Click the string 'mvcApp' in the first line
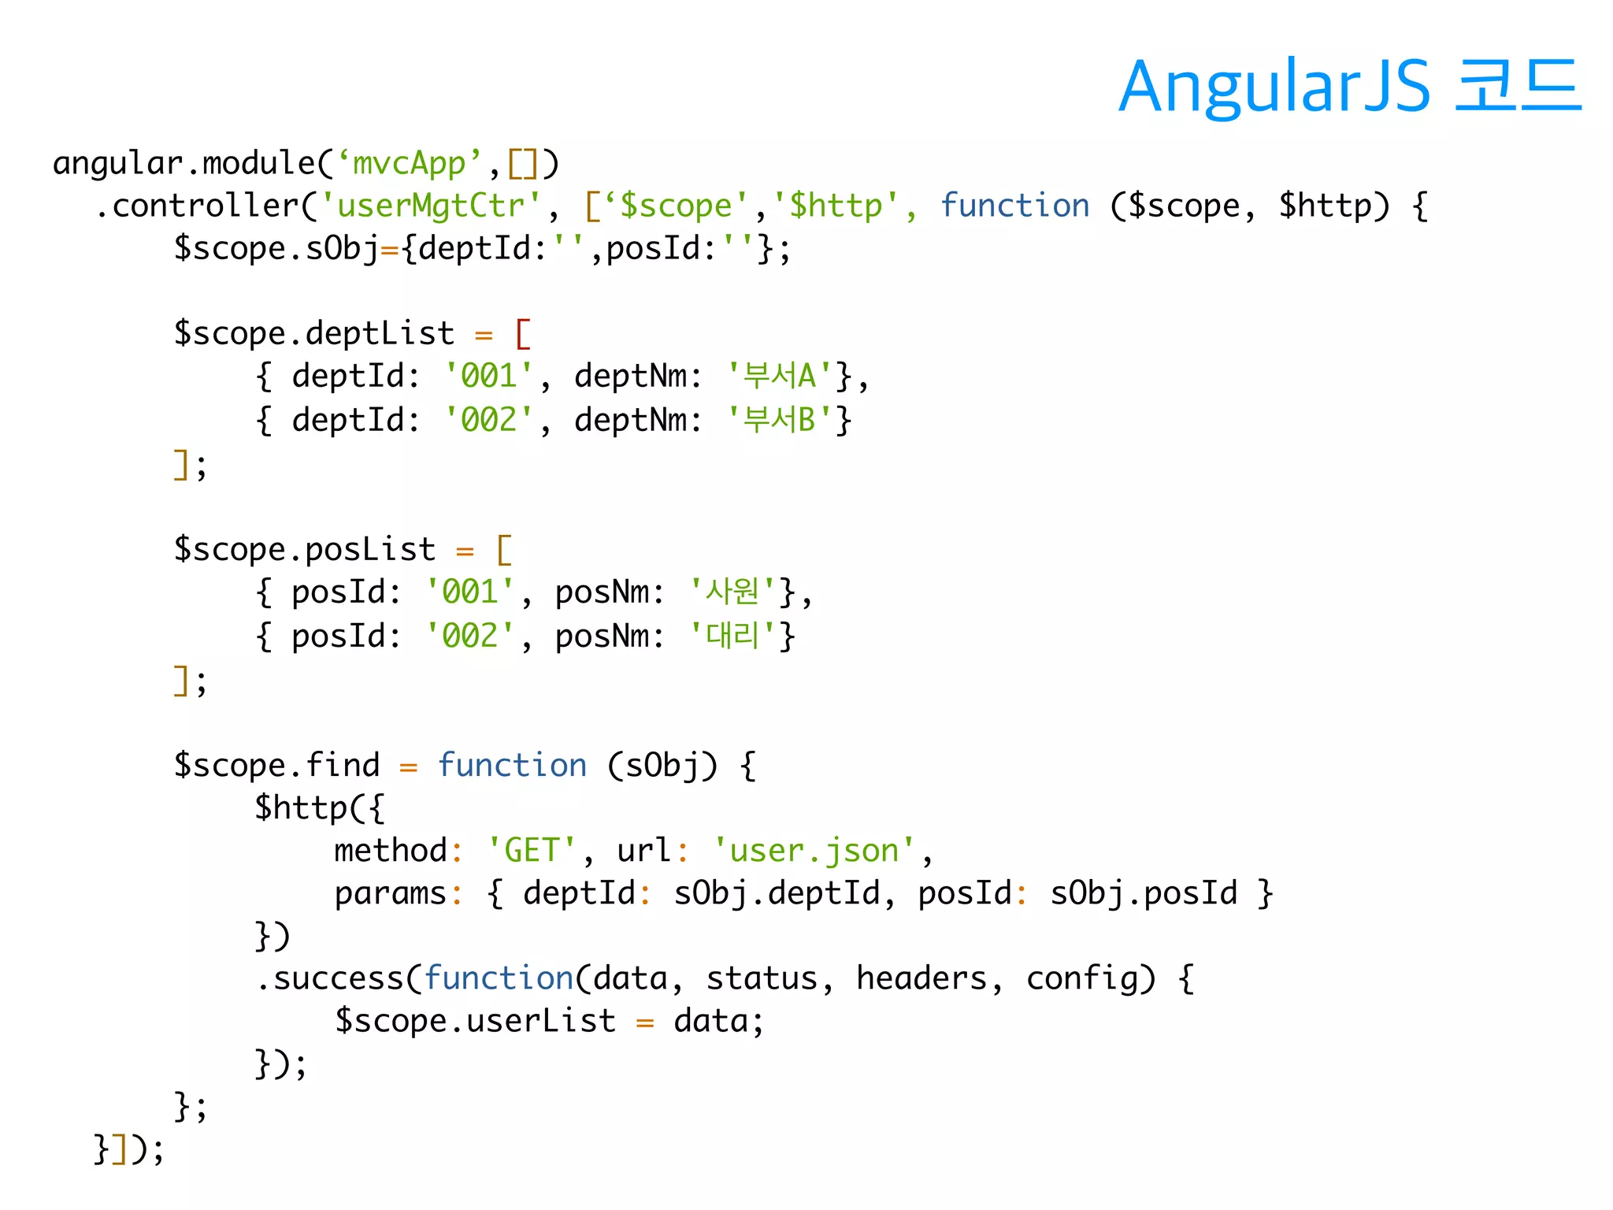(x=409, y=163)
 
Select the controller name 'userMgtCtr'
(x=431, y=206)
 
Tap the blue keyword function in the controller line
(x=1014, y=206)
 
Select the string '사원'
(x=732, y=592)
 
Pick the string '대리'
(x=732, y=636)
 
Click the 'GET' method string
(x=532, y=851)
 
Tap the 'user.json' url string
(x=814, y=851)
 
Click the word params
(x=391, y=893)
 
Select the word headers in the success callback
(x=921, y=978)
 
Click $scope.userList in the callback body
(x=475, y=1021)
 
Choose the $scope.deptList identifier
(x=313, y=333)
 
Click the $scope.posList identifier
(x=304, y=549)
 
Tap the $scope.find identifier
(x=276, y=765)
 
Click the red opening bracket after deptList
(x=523, y=333)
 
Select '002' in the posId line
(x=469, y=636)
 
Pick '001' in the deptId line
(x=488, y=376)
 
